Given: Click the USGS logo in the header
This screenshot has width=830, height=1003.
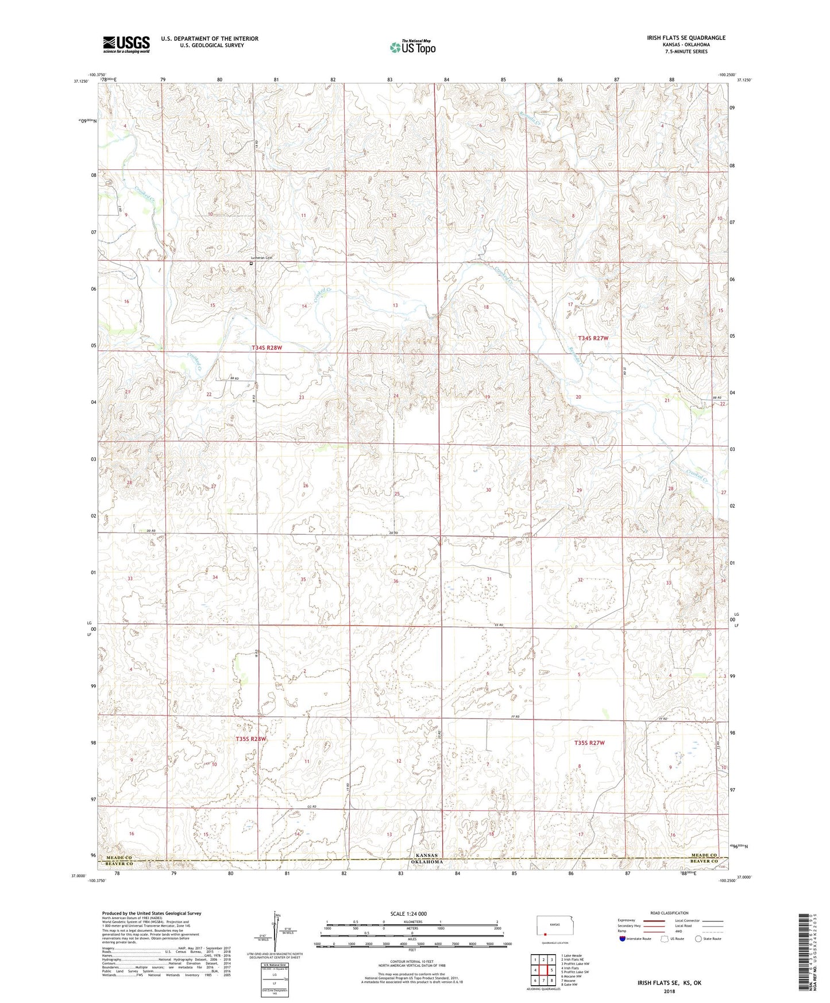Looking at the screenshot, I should (x=126, y=44).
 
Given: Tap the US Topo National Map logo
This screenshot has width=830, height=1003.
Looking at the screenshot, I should (x=412, y=47).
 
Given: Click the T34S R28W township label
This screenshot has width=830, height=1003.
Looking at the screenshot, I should (x=268, y=348).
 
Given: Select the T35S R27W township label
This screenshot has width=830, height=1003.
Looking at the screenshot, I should (x=589, y=743).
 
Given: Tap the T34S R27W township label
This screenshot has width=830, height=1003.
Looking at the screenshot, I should (x=592, y=338).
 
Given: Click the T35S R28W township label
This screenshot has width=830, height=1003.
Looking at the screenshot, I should (x=251, y=739).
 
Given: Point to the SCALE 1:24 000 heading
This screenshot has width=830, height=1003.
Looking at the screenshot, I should (x=412, y=913).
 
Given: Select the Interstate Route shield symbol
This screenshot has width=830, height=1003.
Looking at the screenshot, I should (x=623, y=939).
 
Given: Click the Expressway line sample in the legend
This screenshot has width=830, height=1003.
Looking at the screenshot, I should (x=655, y=920).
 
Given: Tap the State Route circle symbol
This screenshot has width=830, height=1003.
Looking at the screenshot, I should (x=698, y=939).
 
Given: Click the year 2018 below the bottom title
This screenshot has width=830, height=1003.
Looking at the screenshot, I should (x=669, y=991).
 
